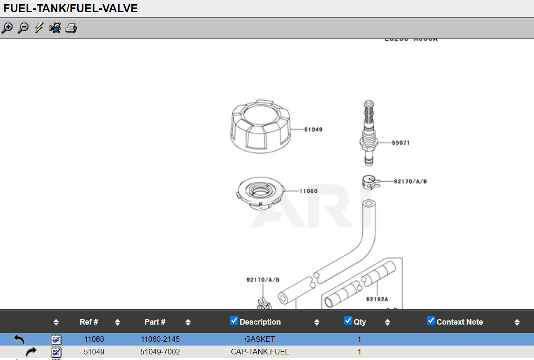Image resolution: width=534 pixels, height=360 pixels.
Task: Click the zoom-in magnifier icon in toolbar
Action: (7, 28)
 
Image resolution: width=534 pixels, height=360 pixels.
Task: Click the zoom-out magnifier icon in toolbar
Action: (23, 28)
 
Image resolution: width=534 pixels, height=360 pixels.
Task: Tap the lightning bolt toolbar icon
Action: (39, 28)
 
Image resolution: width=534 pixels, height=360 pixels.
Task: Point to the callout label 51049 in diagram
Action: (313, 129)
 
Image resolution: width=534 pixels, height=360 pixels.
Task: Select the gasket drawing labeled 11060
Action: (260, 193)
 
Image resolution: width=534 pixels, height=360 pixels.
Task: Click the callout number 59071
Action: (400, 143)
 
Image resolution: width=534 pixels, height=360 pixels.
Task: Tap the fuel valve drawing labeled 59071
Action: (369, 133)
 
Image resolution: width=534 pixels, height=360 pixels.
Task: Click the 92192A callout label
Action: (377, 299)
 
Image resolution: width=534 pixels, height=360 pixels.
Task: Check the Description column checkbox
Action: (234, 320)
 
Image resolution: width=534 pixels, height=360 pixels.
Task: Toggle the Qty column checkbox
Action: (348, 320)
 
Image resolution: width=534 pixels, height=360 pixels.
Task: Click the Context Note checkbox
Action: (431, 320)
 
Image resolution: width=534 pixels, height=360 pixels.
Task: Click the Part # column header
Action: (155, 322)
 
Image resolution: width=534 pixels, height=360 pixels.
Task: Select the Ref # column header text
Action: (89, 322)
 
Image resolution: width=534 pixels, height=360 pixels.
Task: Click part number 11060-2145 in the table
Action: (160, 339)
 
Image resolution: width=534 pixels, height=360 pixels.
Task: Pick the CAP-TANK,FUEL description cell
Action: (260, 352)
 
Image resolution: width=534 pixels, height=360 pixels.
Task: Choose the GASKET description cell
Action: (260, 339)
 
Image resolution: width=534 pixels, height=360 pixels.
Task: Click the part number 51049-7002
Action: (160, 352)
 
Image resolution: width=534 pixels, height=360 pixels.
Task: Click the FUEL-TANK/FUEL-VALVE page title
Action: (71, 8)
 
